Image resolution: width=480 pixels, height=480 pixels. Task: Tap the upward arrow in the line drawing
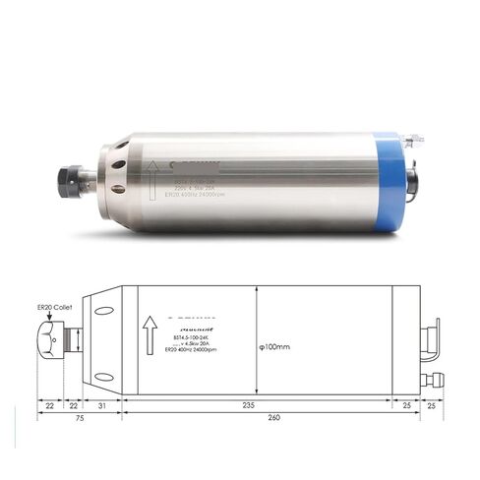coord(149,334)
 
